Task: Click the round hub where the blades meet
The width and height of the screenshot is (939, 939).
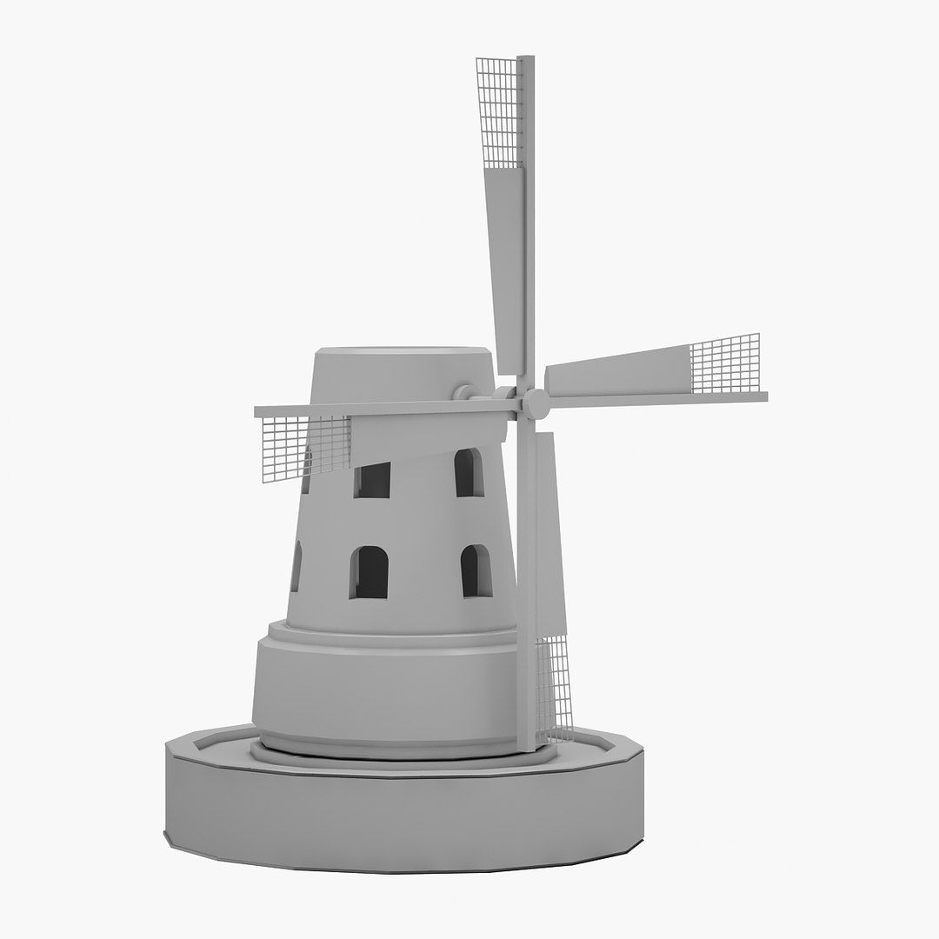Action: tap(536, 403)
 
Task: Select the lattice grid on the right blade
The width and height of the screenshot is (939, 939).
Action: tap(724, 363)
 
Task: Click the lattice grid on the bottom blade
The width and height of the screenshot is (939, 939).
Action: tap(554, 687)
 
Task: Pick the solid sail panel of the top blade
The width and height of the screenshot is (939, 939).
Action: tap(507, 261)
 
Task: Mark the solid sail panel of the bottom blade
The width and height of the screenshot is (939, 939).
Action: tap(549, 530)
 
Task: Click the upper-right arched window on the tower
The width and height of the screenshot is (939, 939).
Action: tap(469, 473)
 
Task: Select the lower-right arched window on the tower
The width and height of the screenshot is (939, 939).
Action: tap(476, 571)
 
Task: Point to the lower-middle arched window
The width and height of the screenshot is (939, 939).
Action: tap(369, 573)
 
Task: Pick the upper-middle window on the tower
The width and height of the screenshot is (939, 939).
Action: tap(372, 480)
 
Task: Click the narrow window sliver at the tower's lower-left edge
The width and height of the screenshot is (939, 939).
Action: tap(296, 566)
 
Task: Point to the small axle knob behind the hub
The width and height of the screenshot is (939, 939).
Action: tap(463, 393)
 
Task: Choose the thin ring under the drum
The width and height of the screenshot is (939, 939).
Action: tap(400, 752)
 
